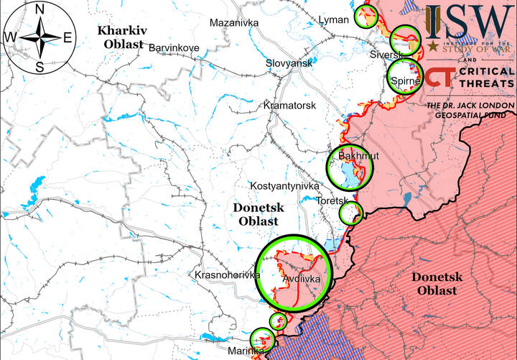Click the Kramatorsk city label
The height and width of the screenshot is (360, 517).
(x=289, y=106)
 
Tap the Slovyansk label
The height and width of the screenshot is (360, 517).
(x=289, y=63)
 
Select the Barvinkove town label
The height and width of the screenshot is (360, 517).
(x=174, y=47)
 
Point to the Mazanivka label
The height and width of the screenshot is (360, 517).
(x=233, y=23)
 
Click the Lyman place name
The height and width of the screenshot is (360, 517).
(x=333, y=19)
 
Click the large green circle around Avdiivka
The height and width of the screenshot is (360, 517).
(x=293, y=272)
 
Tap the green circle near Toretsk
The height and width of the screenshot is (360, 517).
(x=350, y=213)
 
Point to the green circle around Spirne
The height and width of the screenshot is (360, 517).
(x=403, y=77)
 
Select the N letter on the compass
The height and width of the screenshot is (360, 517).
(x=40, y=9)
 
